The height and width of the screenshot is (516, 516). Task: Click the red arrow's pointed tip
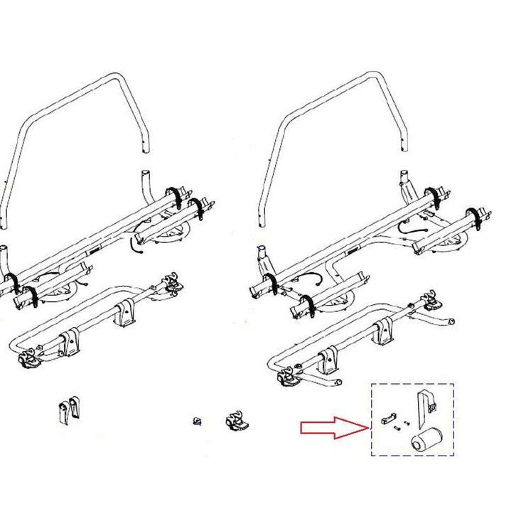pyautogui.click(x=367, y=427)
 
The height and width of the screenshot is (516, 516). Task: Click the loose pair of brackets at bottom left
pyautogui.click(x=67, y=412)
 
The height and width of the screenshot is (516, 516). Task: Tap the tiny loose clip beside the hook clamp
pyautogui.click(x=197, y=421)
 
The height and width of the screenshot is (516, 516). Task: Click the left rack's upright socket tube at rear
pyautogui.click(x=145, y=177)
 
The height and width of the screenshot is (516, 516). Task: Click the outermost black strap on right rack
pyautogui.click(x=473, y=217)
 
